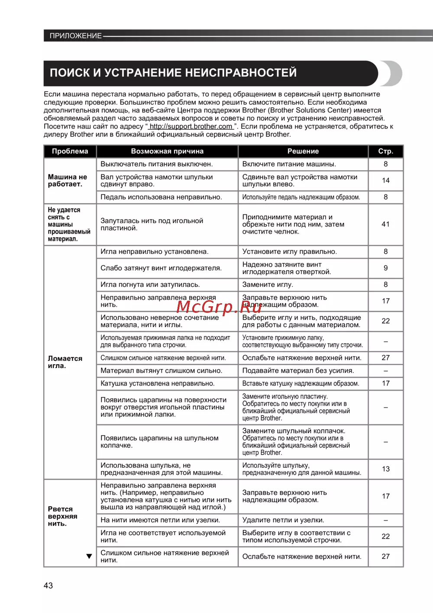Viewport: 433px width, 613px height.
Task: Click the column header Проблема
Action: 70,151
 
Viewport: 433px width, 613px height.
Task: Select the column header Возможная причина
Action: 167,151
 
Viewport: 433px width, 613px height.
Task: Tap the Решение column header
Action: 303,151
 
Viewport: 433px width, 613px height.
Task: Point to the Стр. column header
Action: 385,151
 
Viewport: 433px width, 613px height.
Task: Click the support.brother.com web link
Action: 191,126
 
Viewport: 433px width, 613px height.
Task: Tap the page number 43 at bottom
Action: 48,585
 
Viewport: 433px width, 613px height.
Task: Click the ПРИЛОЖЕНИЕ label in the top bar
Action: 75,36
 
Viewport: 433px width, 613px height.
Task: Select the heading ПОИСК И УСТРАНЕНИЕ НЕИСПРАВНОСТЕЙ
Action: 173,73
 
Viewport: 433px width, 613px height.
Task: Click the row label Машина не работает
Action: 68,180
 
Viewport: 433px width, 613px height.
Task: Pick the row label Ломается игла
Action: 65,362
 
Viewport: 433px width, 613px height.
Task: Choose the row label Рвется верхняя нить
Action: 63,516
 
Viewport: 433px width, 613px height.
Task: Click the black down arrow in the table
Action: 89,556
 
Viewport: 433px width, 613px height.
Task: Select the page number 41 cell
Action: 385,224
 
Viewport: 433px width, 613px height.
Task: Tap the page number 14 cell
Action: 385,180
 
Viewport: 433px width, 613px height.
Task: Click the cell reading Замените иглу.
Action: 268,285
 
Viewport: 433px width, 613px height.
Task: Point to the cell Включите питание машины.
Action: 289,164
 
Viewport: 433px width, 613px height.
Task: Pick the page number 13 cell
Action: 385,469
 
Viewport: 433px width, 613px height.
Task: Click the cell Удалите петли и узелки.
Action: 283,520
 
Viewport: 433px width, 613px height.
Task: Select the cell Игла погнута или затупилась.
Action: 150,285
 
